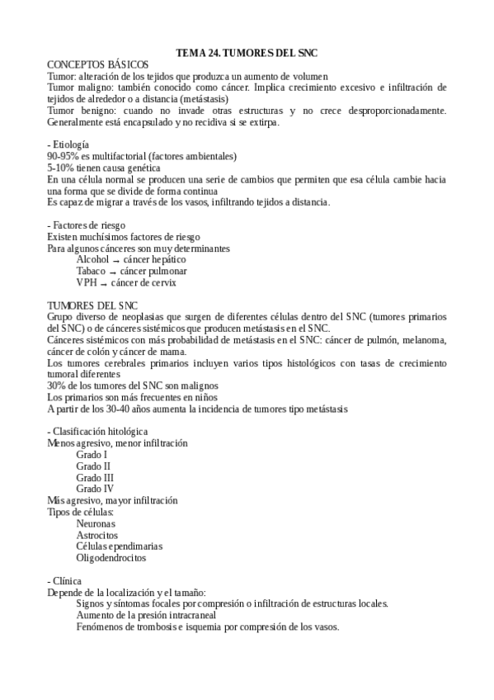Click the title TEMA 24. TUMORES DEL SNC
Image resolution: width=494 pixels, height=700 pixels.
click(x=247, y=53)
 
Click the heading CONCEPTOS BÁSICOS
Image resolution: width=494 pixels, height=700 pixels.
click(x=98, y=64)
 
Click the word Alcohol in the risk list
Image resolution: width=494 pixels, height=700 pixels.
click(x=92, y=259)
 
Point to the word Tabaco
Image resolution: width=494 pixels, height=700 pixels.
click(x=91, y=271)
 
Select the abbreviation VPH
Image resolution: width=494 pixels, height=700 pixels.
click(x=87, y=282)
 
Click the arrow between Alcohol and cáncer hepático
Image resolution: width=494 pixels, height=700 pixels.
click(x=115, y=260)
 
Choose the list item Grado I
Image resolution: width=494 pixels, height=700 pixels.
click(x=92, y=455)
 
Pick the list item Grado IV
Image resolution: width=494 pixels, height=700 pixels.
click(x=93, y=489)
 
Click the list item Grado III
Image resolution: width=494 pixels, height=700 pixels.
click(x=95, y=477)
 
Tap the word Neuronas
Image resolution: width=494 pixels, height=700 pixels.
click(x=96, y=523)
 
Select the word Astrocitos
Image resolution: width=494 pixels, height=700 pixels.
click(x=96, y=535)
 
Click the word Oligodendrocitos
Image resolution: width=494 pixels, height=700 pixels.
click(x=111, y=558)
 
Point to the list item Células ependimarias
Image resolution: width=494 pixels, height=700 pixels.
click(x=119, y=546)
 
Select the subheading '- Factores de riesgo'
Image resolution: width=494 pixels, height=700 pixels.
click(x=86, y=225)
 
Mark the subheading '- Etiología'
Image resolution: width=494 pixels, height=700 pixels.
click(x=68, y=144)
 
